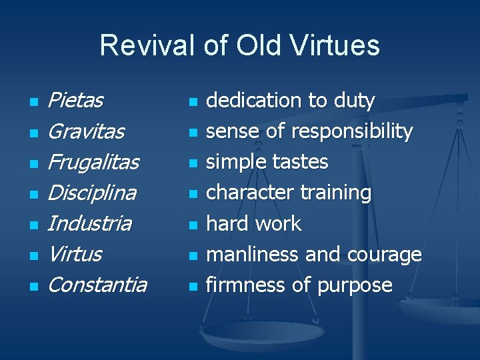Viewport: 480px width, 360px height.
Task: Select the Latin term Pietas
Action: pyautogui.click(x=76, y=101)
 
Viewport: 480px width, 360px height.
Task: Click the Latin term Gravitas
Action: pyautogui.click(x=86, y=131)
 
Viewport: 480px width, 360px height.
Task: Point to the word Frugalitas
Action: pyautogui.click(x=93, y=162)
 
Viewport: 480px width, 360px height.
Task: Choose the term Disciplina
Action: pyautogui.click(x=92, y=193)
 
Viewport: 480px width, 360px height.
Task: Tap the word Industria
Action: pyautogui.click(x=89, y=223)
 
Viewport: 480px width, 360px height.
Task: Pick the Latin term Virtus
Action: pyautogui.click(x=75, y=254)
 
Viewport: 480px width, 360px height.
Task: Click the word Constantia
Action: pyautogui.click(x=97, y=285)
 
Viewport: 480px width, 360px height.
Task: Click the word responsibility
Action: pyautogui.click(x=351, y=131)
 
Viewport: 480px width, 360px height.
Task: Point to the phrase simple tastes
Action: pyautogui.click(x=267, y=162)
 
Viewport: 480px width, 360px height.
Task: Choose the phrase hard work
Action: pyautogui.click(x=253, y=223)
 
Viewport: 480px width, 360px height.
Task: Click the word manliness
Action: pyautogui.click(x=253, y=254)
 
